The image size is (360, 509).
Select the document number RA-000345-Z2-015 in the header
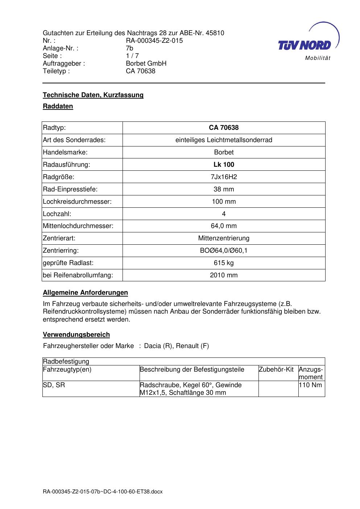pyautogui.click(x=154, y=41)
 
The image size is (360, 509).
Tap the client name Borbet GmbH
pyautogui.click(x=146, y=63)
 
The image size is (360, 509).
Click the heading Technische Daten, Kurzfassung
pyautogui.click(x=93, y=95)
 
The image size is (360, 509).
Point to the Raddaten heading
pyautogui.click(x=58, y=106)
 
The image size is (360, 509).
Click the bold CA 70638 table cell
pyautogui.click(x=224, y=128)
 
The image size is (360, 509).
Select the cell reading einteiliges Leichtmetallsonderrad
pyautogui.click(x=224, y=140)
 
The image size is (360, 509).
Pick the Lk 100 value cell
pyautogui.click(x=224, y=165)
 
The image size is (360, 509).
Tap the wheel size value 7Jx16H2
pyautogui.click(x=224, y=177)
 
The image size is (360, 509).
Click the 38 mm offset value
pyautogui.click(x=224, y=189)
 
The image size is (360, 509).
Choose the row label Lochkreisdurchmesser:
pyautogui.click(x=77, y=202)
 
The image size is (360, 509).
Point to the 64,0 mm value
pyautogui.click(x=224, y=226)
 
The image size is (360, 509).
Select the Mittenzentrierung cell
pyautogui.click(x=224, y=238)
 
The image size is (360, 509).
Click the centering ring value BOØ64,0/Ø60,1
pyautogui.click(x=224, y=251)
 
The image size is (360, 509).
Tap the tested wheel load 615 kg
pyautogui.click(x=224, y=263)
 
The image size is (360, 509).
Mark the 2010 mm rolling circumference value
pyautogui.click(x=224, y=275)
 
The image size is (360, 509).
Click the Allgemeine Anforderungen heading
pyautogui.click(x=85, y=293)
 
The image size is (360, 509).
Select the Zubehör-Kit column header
pyautogui.click(x=276, y=369)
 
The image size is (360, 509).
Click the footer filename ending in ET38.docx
pyautogui.click(x=103, y=492)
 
